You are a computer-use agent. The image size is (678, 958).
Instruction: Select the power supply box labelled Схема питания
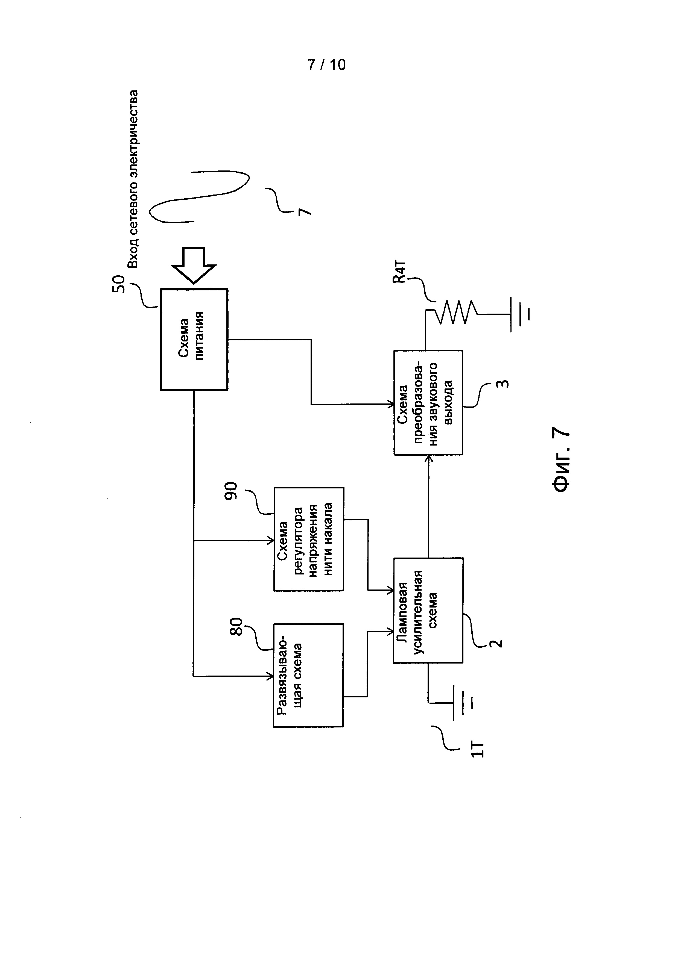click(194, 339)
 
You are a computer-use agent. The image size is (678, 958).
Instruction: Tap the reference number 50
click(119, 284)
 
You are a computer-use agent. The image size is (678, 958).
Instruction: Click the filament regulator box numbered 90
click(309, 539)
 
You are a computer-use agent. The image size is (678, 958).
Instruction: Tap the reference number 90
click(231, 491)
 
